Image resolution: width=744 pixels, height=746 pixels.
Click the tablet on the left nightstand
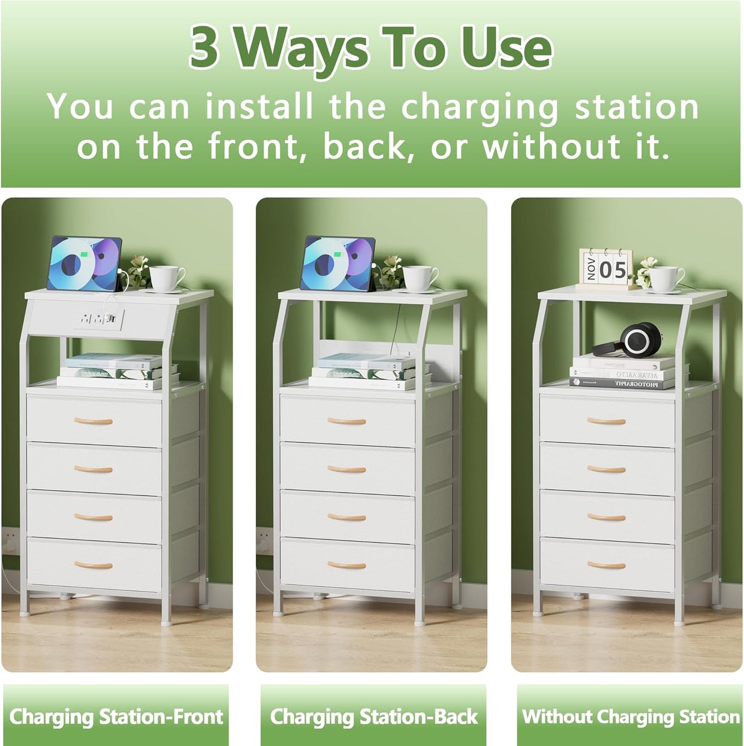pos(84,263)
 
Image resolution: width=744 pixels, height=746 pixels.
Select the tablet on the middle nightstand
pos(337,263)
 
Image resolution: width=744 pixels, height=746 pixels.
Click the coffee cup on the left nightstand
pos(165,277)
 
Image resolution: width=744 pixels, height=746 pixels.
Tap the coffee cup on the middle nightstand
pos(419,277)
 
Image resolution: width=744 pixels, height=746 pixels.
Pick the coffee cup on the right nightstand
pos(665,277)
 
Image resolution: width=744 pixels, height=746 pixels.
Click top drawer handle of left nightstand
pos(93,421)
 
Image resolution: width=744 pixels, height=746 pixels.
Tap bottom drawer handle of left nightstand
pos(93,565)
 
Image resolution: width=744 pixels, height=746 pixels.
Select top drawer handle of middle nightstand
pos(347,421)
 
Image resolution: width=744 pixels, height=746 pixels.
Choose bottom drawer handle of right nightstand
pos(607,565)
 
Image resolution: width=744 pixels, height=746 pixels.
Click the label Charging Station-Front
pos(116,716)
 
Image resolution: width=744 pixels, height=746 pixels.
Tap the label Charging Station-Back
pos(373,716)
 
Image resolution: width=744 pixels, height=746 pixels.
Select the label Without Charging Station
pos(630,716)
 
